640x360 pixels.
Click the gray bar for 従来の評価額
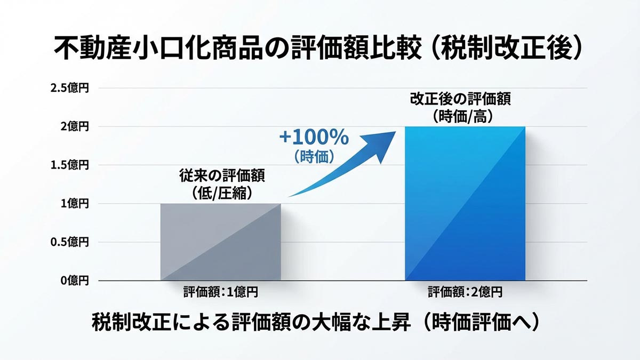point(220,242)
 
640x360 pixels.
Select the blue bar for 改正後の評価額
point(465,203)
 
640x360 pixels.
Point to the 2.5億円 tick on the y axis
point(69,88)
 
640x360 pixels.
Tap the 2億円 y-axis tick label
point(74,126)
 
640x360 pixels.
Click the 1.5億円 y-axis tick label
point(69,165)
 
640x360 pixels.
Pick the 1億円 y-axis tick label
point(74,203)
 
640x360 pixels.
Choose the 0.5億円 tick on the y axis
point(69,242)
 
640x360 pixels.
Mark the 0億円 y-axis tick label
point(74,280)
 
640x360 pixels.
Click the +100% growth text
point(314,138)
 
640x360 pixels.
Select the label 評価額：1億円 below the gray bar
point(220,292)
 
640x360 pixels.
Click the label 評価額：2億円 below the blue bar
point(465,292)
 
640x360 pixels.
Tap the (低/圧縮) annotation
point(220,193)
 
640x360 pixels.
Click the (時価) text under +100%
point(314,156)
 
